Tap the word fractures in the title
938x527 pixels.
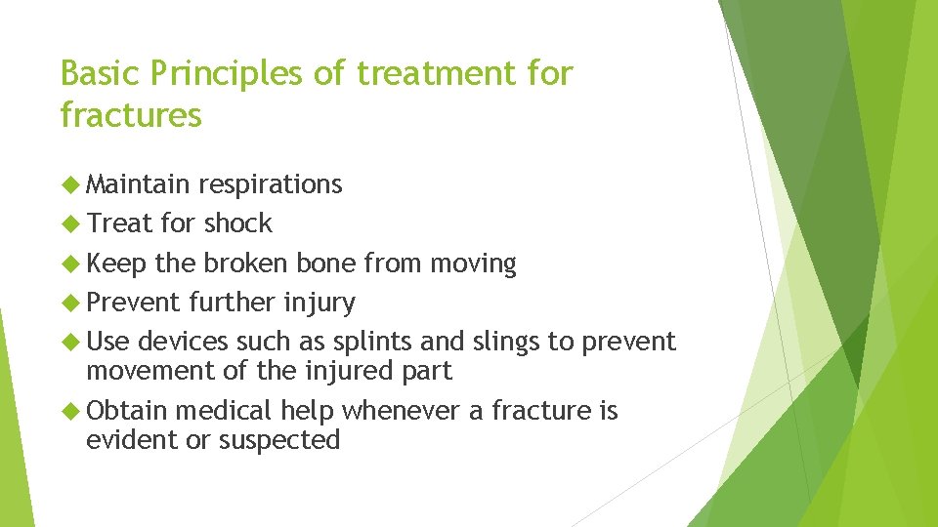tap(131, 115)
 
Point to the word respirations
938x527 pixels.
tap(271, 184)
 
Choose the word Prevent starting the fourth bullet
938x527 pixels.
tap(133, 303)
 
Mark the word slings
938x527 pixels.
tap(506, 343)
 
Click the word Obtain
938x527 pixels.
tap(127, 411)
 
